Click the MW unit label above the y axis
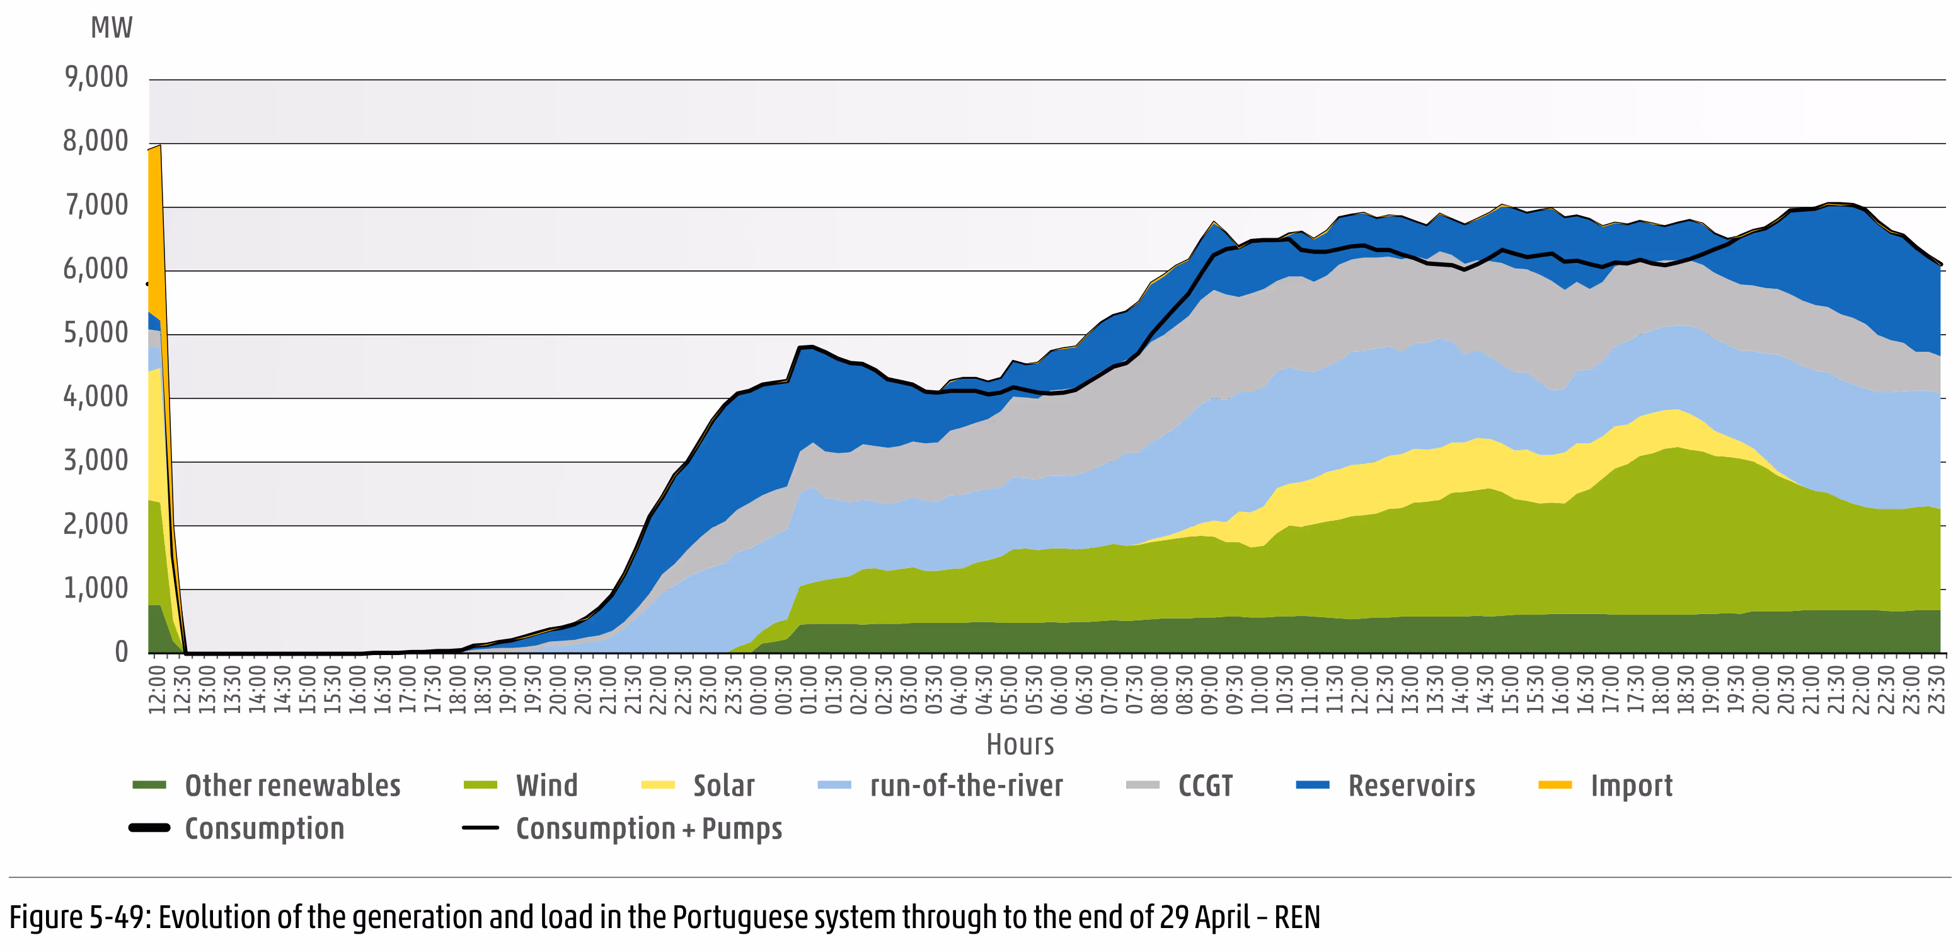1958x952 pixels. click(x=111, y=28)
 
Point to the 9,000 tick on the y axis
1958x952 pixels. click(x=96, y=77)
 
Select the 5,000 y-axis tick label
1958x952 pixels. click(x=96, y=332)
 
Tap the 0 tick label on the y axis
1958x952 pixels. click(x=121, y=652)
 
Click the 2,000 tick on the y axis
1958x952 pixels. click(x=96, y=524)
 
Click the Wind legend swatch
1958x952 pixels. click(x=480, y=786)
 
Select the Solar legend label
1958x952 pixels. click(x=723, y=786)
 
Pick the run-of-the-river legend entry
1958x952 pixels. click(x=966, y=786)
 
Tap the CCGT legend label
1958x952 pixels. click(x=1205, y=786)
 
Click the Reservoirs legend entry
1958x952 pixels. click(x=1412, y=786)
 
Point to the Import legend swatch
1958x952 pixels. click(x=1555, y=786)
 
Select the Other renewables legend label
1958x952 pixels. click(x=292, y=786)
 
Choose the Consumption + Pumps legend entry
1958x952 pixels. click(x=648, y=828)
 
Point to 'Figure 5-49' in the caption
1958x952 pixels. click(x=77, y=917)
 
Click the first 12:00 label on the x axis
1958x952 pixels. click(x=156, y=690)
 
